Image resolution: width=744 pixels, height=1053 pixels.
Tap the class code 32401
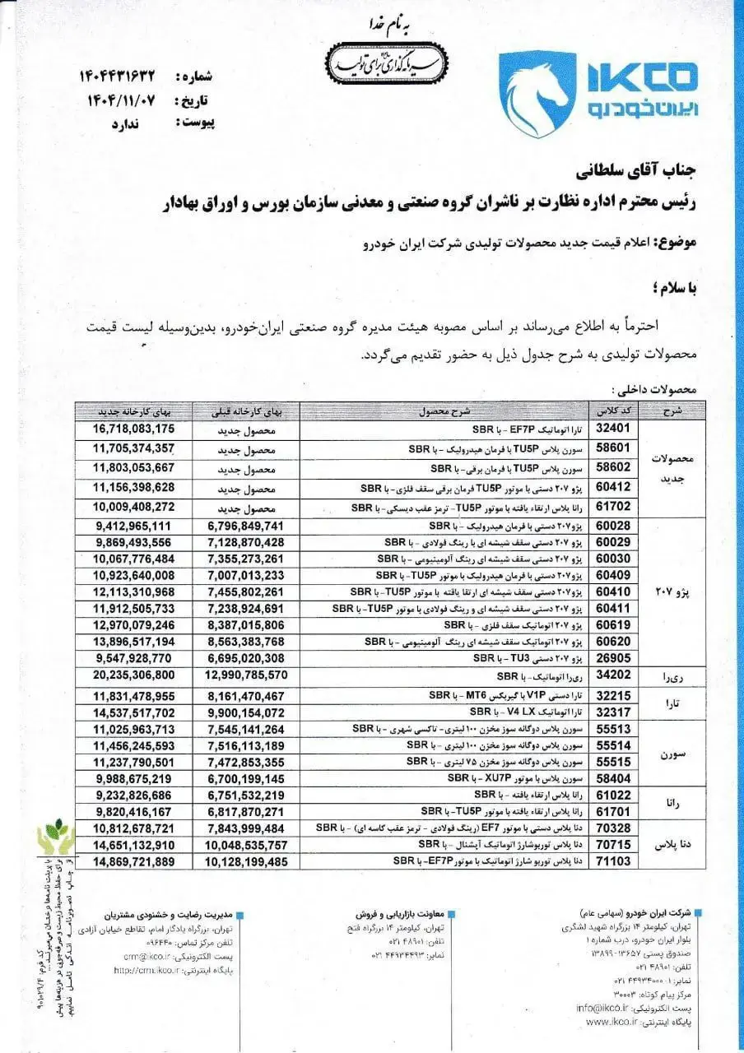point(611,429)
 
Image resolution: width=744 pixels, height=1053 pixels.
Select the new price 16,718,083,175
point(134,429)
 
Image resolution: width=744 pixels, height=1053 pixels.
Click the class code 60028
point(611,525)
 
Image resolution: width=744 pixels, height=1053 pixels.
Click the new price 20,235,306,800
point(134,675)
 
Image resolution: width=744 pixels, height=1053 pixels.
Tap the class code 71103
point(611,860)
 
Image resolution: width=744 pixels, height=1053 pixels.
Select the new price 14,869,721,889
point(134,860)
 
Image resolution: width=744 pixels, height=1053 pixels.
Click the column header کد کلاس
point(611,410)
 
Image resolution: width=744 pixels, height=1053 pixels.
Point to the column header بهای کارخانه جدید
point(134,410)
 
